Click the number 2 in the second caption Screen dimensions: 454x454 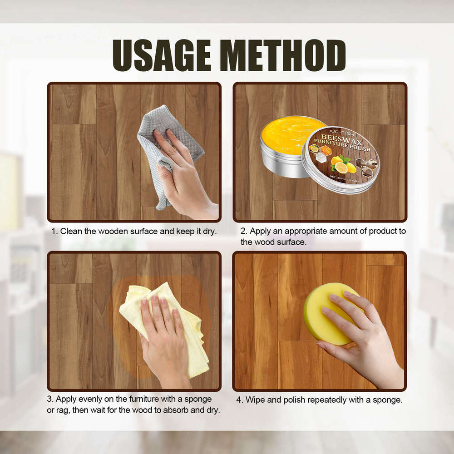pos(243,231)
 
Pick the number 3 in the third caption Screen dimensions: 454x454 pos(51,399)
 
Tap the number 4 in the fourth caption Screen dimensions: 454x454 pos(238,400)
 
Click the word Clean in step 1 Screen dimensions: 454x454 pos(71,231)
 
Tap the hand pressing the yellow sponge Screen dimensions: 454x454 pos(359,336)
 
